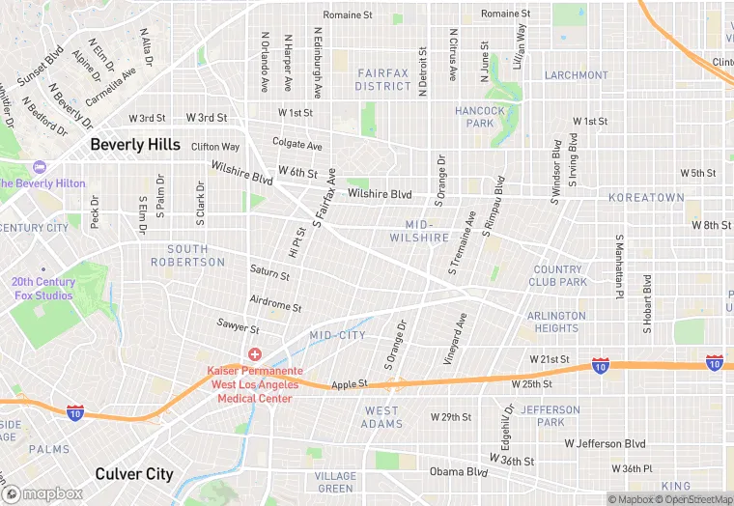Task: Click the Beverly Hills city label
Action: click(135, 144)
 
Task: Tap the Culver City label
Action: click(134, 474)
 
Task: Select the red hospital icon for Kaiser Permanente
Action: click(255, 355)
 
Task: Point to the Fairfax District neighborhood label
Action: click(383, 79)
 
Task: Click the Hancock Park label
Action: click(480, 117)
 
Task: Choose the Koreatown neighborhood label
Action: click(645, 197)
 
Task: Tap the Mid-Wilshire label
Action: click(420, 231)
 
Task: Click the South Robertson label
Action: click(187, 256)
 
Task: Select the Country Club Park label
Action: click(557, 276)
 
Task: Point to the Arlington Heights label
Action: click(556, 322)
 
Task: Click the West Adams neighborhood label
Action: click(382, 417)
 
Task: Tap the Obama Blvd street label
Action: click(459, 472)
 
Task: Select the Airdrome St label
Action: click(276, 305)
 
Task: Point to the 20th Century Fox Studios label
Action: click(42, 289)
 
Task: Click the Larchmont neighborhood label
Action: click(577, 75)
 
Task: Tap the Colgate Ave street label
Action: click(296, 145)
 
